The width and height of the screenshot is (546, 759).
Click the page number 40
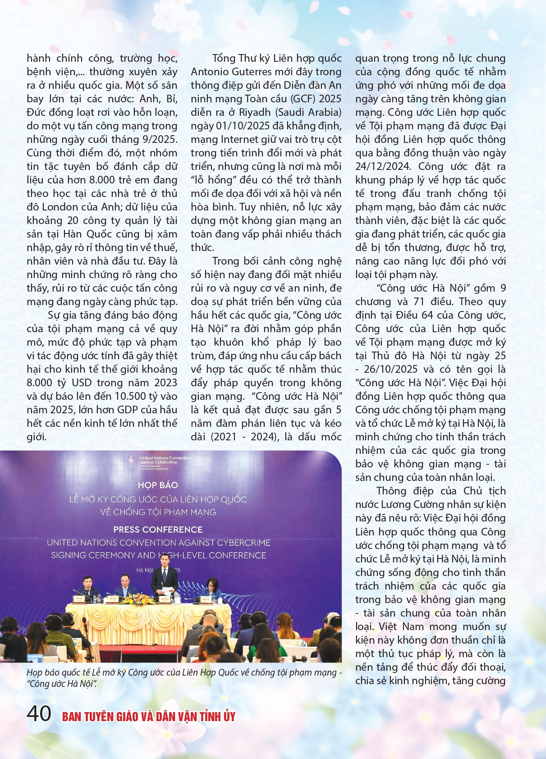[x=39, y=713]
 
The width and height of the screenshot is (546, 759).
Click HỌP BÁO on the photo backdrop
[x=158, y=485]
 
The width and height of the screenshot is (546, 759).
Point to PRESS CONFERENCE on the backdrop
[x=158, y=530]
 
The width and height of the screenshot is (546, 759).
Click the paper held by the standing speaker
[x=167, y=591]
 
